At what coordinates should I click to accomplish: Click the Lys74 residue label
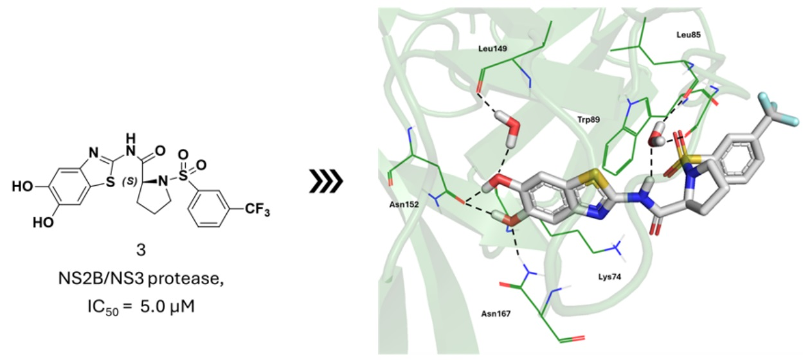coord(604,276)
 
